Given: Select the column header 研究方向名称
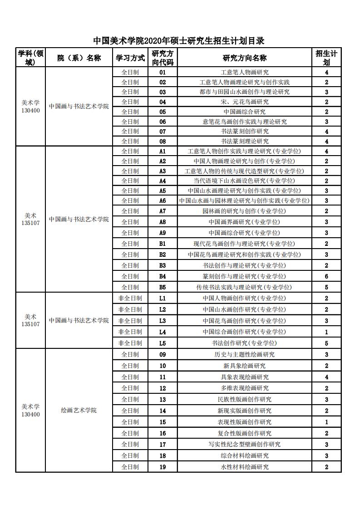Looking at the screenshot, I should (244, 58).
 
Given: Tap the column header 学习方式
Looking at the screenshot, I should (130, 58).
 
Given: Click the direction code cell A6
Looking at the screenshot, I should (163, 201).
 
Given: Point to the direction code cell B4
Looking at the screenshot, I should (163, 276).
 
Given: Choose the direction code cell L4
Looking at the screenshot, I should (163, 332).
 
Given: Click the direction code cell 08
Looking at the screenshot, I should (163, 141).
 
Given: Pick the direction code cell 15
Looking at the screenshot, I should (163, 422).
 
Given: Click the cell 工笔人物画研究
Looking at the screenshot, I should (244, 72).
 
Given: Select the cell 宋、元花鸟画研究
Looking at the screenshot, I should (244, 102).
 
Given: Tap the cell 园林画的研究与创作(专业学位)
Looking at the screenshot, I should (244, 211).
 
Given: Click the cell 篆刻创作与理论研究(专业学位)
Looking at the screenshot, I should (244, 276).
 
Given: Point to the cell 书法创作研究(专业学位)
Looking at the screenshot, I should (244, 343).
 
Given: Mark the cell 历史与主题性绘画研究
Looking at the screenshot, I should (244, 354).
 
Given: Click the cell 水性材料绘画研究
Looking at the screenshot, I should (244, 467).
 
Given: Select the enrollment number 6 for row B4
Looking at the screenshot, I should (326, 276).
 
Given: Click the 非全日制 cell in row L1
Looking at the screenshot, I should (130, 298).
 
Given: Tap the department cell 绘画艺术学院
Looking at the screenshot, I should (79, 411).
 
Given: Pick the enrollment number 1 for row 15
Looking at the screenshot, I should (326, 422).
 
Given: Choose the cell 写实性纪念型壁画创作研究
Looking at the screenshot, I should (244, 444).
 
